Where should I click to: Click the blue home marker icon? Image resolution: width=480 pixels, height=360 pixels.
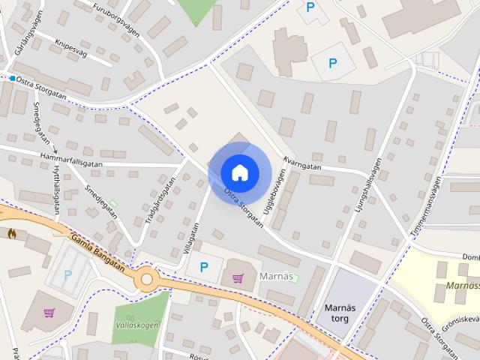239,172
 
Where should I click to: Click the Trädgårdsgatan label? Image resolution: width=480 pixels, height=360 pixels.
159,200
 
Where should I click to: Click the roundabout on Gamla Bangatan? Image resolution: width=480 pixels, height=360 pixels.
147,280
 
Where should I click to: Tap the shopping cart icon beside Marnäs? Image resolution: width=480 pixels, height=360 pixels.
238,278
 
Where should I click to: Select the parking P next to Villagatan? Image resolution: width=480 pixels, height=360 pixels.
203,266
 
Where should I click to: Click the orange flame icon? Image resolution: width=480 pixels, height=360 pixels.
11,234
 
